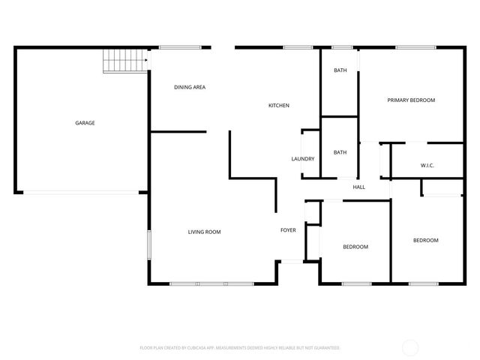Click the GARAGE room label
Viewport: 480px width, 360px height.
pos(84,123)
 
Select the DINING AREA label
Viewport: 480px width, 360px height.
pos(190,88)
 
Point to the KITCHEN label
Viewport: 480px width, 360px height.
pos(279,106)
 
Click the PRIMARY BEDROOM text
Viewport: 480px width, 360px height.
pos(410,100)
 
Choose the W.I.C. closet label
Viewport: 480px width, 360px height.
pos(427,165)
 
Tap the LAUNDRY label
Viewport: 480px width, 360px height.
pos(302,159)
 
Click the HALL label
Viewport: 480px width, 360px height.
pos(359,187)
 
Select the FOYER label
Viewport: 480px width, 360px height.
pos(288,230)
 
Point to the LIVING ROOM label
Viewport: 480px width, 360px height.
pos(204,232)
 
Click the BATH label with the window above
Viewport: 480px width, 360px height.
pos(340,70)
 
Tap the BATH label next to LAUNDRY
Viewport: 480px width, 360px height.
pos(340,153)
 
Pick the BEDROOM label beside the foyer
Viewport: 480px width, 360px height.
pos(355,247)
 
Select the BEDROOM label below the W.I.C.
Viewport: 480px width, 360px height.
pos(425,240)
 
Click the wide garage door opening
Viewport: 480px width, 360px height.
pos(82,192)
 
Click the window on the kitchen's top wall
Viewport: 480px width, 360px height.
pos(298,48)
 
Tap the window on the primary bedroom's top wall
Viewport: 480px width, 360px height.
pos(411,48)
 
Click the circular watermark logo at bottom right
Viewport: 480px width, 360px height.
pos(410,347)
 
